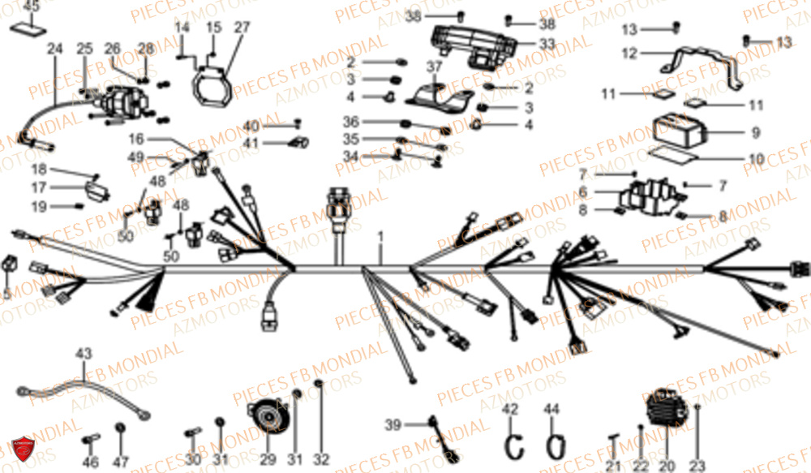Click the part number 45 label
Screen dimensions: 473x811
click(30, 6)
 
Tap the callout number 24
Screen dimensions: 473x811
click(54, 49)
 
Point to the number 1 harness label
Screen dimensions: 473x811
click(379, 237)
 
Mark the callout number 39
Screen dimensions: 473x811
click(393, 425)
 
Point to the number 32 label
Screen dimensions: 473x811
click(322, 460)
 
